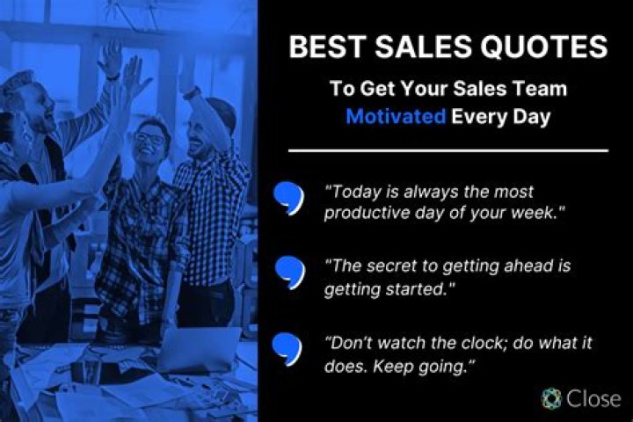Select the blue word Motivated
[396, 117]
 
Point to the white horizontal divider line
[448, 150]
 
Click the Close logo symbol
[551, 397]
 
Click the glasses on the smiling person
[150, 138]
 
